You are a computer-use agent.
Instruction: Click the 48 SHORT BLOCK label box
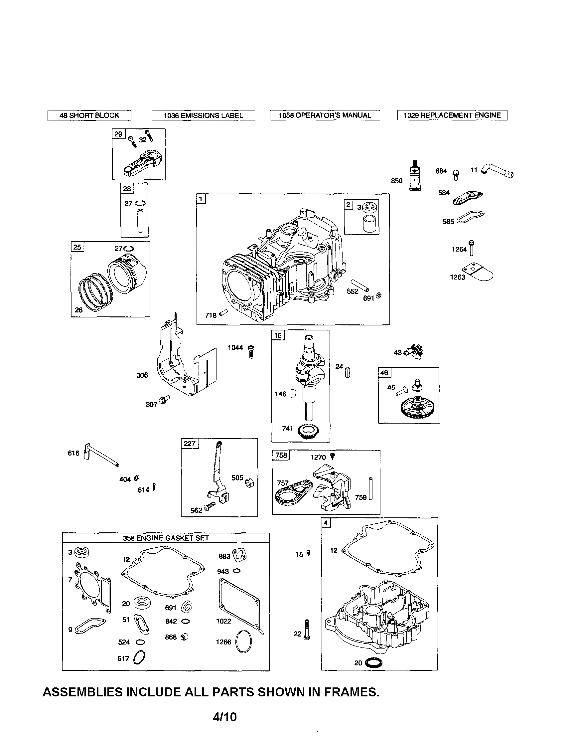point(89,115)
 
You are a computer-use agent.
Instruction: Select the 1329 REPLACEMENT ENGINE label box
point(452,115)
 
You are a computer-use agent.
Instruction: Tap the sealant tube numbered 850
point(415,177)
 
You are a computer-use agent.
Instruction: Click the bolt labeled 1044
point(251,351)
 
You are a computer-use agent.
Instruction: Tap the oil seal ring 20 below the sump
point(373,663)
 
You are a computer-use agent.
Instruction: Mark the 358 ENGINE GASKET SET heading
point(166,538)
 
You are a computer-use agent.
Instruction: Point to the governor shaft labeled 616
point(101,456)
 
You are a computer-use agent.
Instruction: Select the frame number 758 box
point(281,455)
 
